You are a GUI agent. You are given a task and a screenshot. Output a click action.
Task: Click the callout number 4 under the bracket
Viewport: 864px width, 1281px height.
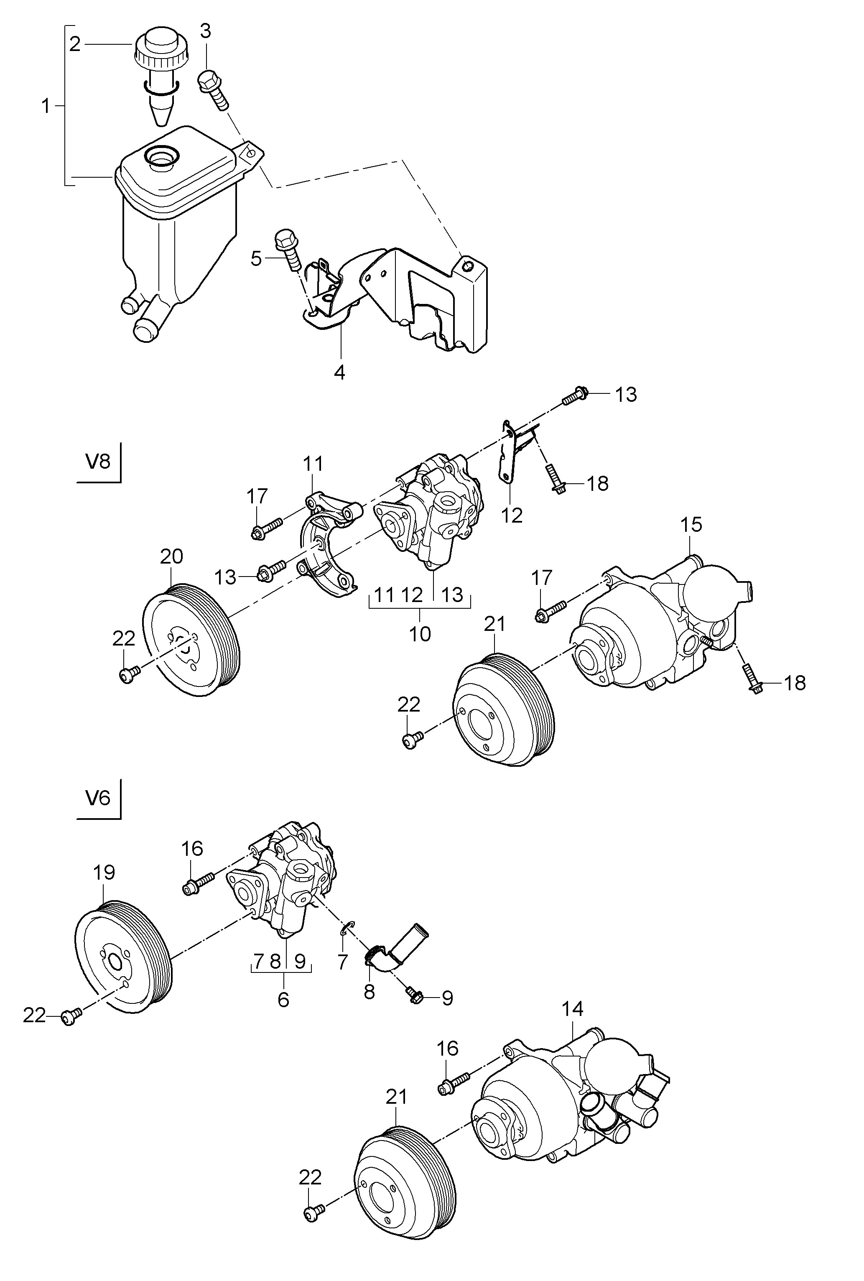point(340,373)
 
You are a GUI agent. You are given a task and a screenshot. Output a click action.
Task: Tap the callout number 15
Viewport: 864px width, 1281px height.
point(691,525)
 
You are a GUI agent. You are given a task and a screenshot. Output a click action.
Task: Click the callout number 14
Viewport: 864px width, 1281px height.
point(573,1008)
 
